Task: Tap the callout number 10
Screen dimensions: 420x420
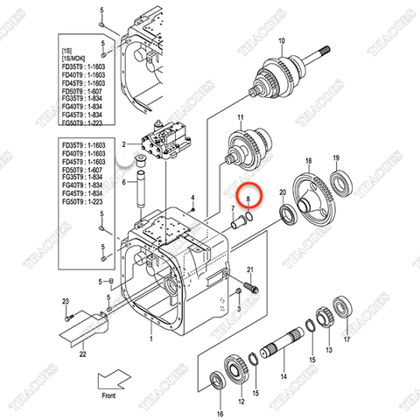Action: tap(281, 41)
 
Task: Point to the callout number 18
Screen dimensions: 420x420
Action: tap(307, 162)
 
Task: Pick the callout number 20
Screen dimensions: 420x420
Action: tap(282, 192)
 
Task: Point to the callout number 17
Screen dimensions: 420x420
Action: tap(346, 340)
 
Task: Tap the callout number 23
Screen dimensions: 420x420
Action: tap(66, 302)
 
